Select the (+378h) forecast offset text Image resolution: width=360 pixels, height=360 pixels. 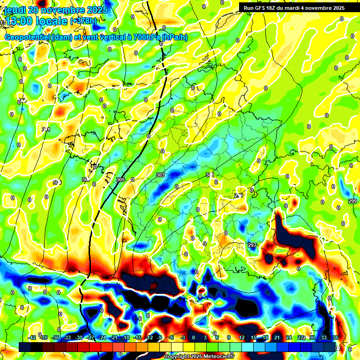83,21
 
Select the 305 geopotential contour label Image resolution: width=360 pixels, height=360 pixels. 120,180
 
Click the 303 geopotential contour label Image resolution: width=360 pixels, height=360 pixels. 160,175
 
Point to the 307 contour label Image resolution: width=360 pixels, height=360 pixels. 86,180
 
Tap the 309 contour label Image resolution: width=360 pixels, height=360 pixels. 57,182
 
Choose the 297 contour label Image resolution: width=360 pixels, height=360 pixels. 252,245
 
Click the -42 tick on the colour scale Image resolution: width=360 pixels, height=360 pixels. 32,337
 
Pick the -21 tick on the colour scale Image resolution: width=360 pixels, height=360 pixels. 114,337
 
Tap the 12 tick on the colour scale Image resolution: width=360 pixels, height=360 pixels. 241,337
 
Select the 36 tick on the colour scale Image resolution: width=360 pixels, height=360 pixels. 336,337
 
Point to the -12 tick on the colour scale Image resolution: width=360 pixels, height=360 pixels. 149,337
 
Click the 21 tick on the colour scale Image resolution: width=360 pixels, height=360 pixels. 277,337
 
